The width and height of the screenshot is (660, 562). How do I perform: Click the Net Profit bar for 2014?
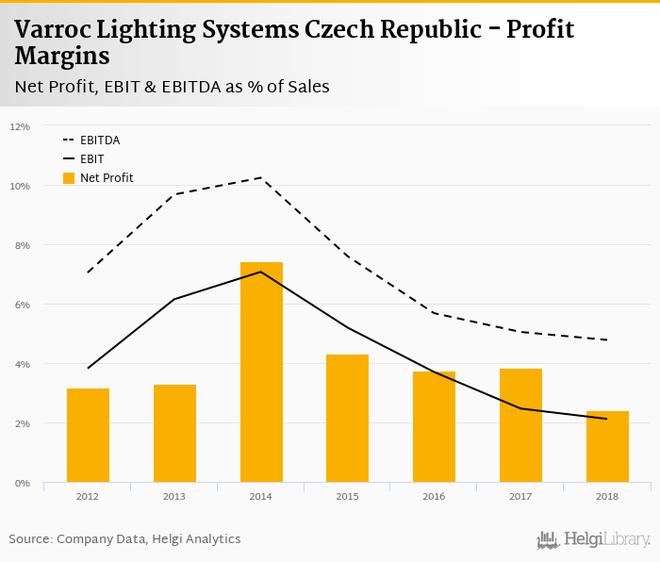tap(261, 372)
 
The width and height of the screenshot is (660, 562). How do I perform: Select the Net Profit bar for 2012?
tap(88, 436)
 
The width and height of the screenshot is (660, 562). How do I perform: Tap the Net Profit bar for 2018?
tap(607, 447)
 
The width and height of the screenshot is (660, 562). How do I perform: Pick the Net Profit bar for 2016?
tap(434, 427)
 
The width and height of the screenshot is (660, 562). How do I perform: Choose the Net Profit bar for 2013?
tap(174, 434)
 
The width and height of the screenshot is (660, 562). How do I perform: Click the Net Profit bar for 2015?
tap(347, 419)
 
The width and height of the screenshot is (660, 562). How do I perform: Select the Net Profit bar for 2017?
tap(520, 425)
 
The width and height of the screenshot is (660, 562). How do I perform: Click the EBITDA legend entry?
tap(100, 140)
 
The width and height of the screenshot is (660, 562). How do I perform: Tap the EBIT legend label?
tap(91, 159)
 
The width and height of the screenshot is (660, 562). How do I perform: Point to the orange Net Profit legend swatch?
tap(68, 177)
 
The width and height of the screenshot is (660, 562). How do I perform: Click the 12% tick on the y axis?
tap(20, 126)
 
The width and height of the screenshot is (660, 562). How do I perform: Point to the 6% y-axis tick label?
tap(22, 305)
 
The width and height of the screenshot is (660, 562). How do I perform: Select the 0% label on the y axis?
tap(22, 483)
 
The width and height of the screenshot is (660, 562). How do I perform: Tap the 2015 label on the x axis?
tap(347, 496)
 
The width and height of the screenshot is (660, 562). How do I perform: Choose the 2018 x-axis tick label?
tap(607, 496)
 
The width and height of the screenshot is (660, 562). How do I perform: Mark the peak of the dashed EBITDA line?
tap(261, 177)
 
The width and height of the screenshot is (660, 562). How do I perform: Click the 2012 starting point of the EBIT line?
tap(88, 368)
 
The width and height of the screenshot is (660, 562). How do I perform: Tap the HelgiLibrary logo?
tap(593, 539)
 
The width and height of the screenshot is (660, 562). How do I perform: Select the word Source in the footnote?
tap(29, 539)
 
